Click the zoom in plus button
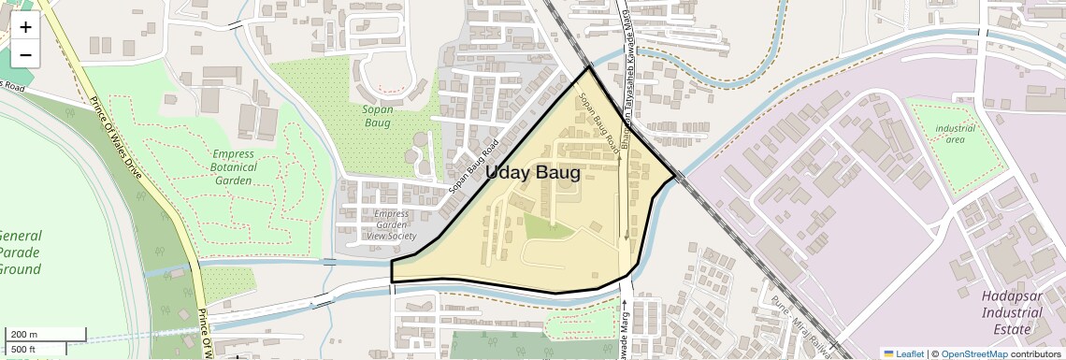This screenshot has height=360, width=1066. [25, 27]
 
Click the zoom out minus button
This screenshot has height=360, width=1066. [25, 55]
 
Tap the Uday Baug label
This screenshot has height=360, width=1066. [532, 173]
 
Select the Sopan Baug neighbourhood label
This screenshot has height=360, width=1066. [378, 116]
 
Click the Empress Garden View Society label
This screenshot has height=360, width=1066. [391, 224]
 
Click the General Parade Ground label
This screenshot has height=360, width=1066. [20, 252]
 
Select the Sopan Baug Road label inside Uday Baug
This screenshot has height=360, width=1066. [599, 122]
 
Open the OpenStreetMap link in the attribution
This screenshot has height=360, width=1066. [973, 353]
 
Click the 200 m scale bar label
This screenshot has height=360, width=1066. [24, 335]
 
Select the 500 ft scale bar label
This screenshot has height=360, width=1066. [24, 349]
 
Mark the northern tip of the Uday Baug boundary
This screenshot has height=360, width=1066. [590, 67]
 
